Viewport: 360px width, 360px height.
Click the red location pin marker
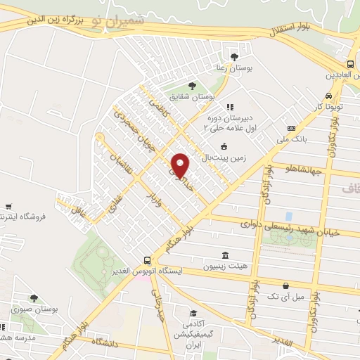tap(180, 165)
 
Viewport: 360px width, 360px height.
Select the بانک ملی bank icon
tap(291, 128)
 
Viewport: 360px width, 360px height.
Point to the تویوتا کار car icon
tap(328, 96)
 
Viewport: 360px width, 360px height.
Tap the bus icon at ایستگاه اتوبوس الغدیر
tap(146, 259)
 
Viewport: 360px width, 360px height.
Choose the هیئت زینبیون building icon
tap(224, 255)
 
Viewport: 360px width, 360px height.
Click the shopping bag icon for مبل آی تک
tap(285, 285)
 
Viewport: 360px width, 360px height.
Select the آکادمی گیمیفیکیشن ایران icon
tap(193, 314)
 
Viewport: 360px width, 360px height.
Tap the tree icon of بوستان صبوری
tap(33, 299)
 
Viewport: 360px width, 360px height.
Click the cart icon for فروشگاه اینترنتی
tap(8, 207)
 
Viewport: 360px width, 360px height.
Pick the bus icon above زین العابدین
tap(350, 64)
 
